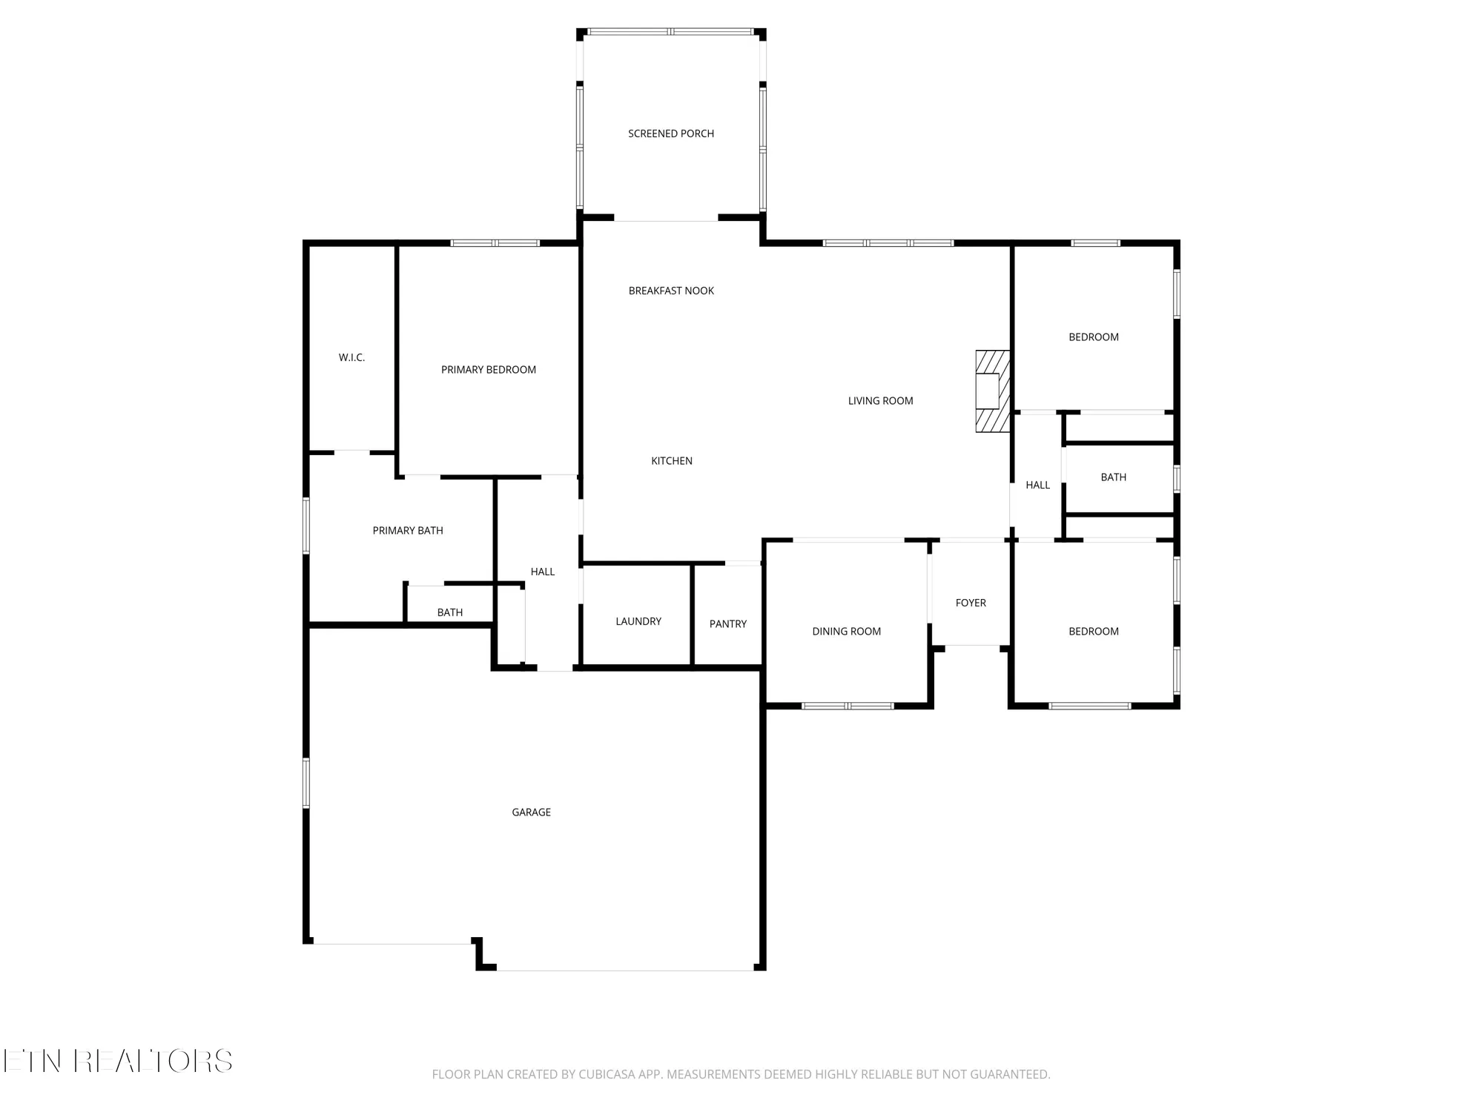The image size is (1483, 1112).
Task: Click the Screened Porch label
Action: click(x=671, y=133)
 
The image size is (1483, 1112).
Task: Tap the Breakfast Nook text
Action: click(x=671, y=291)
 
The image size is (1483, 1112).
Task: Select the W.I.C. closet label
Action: click(x=351, y=357)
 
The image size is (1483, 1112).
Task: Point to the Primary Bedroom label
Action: click(x=488, y=369)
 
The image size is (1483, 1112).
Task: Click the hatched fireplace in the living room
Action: click(x=992, y=391)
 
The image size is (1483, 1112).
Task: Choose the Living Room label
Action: click(x=880, y=400)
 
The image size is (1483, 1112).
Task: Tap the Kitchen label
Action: click(x=671, y=460)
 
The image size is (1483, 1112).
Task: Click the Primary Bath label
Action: click(x=408, y=530)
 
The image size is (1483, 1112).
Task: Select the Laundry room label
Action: click(x=638, y=621)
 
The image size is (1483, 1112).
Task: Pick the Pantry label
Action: click(x=727, y=623)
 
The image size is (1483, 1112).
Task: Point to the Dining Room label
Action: click(x=846, y=631)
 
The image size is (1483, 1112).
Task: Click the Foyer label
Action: click(x=971, y=603)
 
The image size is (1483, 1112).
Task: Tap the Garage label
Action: click(x=531, y=812)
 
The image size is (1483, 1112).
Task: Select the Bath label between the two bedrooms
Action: click(x=1113, y=477)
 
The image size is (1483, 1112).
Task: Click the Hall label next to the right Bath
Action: click(x=1037, y=485)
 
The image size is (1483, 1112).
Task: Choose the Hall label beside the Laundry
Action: click(x=542, y=572)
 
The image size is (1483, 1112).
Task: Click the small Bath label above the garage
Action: click(x=449, y=612)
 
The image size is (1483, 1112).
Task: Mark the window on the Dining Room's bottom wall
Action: click(x=848, y=706)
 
